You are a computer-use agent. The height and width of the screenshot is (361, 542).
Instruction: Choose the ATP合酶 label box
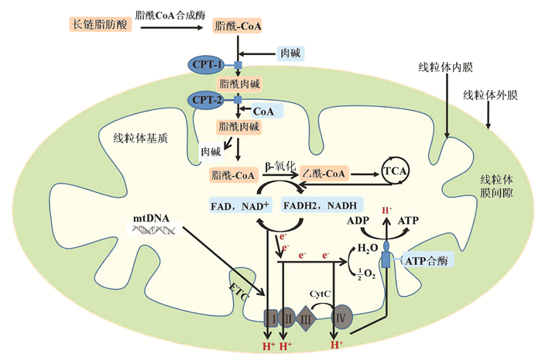(x=424, y=263)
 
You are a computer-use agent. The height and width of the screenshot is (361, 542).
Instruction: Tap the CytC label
(x=321, y=294)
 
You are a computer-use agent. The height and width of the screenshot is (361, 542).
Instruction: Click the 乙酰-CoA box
(x=324, y=174)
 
